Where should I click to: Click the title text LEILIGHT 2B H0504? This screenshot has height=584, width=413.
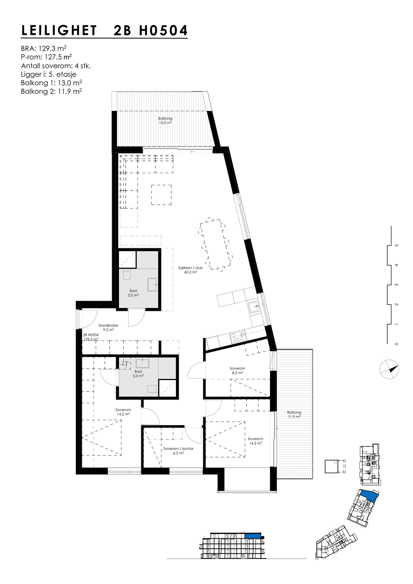(104, 31)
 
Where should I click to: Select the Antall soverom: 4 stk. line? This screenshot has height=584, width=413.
(56, 66)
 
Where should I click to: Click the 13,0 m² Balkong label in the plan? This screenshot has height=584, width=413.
(165, 121)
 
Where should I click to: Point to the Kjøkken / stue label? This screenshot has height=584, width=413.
(190, 270)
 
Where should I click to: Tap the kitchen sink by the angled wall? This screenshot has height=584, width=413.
(255, 307)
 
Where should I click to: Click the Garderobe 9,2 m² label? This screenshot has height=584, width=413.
(108, 327)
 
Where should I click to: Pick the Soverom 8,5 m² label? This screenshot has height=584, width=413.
(237, 371)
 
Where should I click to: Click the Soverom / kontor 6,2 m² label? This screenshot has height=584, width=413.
(178, 450)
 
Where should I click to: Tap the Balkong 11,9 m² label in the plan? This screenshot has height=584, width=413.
(294, 414)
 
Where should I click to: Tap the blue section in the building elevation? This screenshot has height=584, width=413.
(252, 536)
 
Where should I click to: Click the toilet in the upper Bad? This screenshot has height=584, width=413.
(127, 274)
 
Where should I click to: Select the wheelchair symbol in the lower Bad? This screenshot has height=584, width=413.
(126, 363)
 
